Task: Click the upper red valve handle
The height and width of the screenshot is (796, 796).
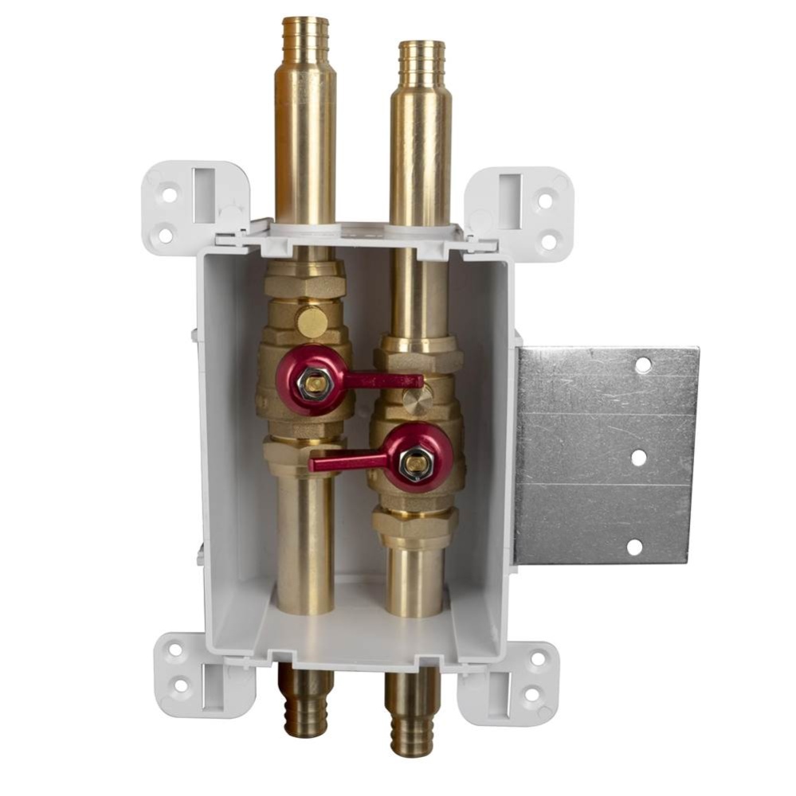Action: pos(382,380)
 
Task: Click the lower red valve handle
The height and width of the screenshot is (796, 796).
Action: pos(351,460)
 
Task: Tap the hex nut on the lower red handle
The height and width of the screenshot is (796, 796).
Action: pos(415,463)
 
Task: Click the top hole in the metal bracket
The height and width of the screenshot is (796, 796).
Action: pos(642,365)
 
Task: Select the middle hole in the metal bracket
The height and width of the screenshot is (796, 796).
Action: pos(638,458)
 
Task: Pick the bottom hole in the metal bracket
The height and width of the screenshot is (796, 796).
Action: pos(634,547)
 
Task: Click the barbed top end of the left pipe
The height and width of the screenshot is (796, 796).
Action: pos(306,35)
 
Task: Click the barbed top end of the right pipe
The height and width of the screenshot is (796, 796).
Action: pos(422,57)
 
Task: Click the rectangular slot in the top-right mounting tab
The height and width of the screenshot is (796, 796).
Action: pos(509,191)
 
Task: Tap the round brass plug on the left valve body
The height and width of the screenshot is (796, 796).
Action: pos(312,322)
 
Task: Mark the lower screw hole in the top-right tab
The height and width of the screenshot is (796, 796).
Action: pos(549,240)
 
